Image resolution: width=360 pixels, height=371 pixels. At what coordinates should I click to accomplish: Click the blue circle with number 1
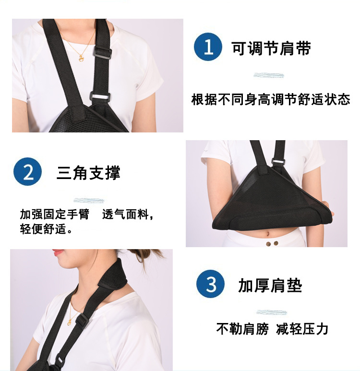(208, 47)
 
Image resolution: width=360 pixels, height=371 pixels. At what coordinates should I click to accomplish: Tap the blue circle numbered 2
(28, 171)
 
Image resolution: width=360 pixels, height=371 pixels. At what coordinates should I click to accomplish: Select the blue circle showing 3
(210, 284)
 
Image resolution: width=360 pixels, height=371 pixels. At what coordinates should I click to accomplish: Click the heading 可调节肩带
(271, 48)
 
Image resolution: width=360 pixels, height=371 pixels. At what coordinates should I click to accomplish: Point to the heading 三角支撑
(88, 173)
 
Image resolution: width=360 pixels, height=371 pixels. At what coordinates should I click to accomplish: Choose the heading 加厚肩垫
(270, 286)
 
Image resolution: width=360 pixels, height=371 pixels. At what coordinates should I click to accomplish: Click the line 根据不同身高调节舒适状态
(271, 99)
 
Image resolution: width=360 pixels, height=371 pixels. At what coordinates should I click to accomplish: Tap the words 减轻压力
(302, 329)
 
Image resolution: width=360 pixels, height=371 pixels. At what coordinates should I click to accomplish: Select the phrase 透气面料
(125, 215)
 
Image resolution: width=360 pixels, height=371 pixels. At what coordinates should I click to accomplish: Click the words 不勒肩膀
(242, 329)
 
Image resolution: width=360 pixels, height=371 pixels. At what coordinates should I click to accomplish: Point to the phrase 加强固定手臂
(55, 215)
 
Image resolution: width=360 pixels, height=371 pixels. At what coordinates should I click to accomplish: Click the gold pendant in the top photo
(81, 58)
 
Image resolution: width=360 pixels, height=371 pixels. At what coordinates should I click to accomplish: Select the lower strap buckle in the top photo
(100, 97)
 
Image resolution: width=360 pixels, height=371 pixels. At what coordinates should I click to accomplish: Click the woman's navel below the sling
(268, 235)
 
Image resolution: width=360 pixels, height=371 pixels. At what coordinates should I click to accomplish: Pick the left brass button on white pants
(268, 244)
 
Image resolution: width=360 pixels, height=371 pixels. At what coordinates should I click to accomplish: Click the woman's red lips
(58, 252)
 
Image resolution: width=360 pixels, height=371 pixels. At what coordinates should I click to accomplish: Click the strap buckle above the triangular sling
(278, 161)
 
